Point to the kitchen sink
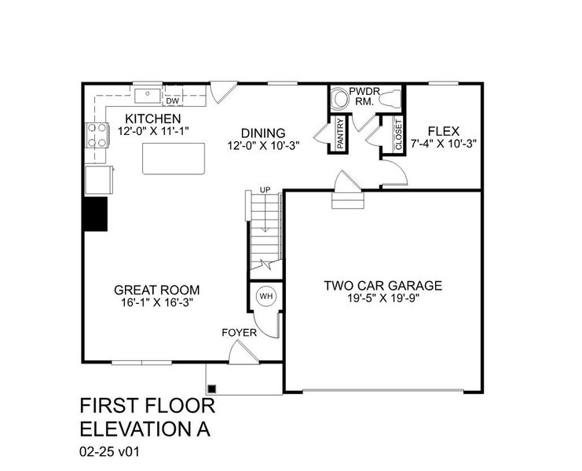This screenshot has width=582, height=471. point(146,96)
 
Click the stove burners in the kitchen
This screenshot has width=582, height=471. point(97,135)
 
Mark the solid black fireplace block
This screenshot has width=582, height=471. point(96,213)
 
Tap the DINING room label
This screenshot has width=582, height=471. point(262,133)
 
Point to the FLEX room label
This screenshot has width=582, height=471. point(445,132)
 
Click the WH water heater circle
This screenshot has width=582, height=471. point(265,296)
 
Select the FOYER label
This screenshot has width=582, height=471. point(239,333)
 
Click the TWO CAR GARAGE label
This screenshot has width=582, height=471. point(383,285)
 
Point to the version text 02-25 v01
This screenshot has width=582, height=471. point(109,452)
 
